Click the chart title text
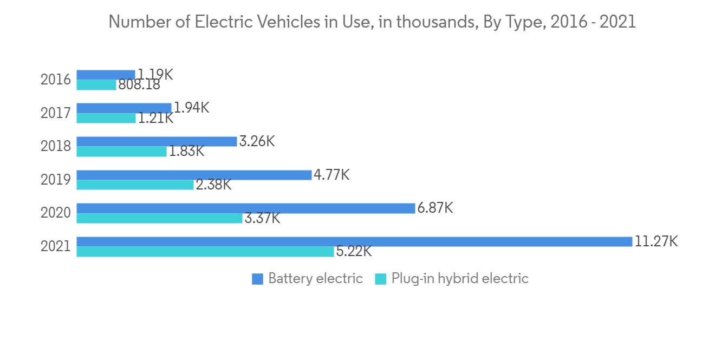point(372,22)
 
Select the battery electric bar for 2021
point(354,241)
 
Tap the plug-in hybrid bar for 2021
point(205,252)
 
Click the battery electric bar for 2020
point(246,208)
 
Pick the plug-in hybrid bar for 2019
point(135,185)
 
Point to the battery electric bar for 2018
point(157,142)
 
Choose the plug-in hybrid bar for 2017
point(106,118)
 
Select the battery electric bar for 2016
point(106,75)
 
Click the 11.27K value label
point(656,241)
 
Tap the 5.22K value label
point(354,251)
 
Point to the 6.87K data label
point(435,208)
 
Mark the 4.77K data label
point(331,174)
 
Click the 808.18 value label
point(139,84)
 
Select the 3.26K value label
point(257,141)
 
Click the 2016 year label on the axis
point(56,80)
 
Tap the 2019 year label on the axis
point(56,180)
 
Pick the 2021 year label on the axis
point(56,246)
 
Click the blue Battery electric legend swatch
point(257,279)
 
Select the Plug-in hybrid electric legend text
point(460,279)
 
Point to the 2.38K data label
point(213,185)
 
